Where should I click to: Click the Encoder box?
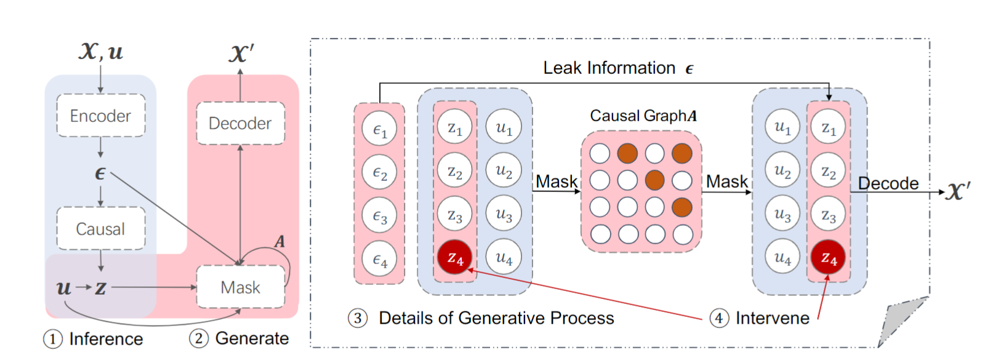[100, 116]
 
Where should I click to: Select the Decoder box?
[240, 123]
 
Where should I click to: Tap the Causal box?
[100, 228]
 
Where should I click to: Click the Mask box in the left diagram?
[240, 287]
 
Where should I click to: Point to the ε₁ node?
[379, 130]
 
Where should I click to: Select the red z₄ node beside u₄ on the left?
[455, 258]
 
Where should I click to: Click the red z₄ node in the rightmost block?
[829, 258]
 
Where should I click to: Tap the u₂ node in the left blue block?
[504, 170]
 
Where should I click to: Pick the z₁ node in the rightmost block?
[829, 127]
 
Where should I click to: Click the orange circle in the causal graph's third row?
[682, 207]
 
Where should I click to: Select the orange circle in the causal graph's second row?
[654, 180]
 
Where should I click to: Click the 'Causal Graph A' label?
[643, 116]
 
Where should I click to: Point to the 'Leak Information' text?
[609, 68]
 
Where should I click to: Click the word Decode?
[888, 183]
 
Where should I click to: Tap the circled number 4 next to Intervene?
[718, 318]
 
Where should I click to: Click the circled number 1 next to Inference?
[53, 339]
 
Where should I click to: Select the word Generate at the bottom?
[252, 338]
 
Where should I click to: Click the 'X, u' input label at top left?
[100, 52]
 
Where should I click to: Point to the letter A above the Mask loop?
[280, 241]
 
